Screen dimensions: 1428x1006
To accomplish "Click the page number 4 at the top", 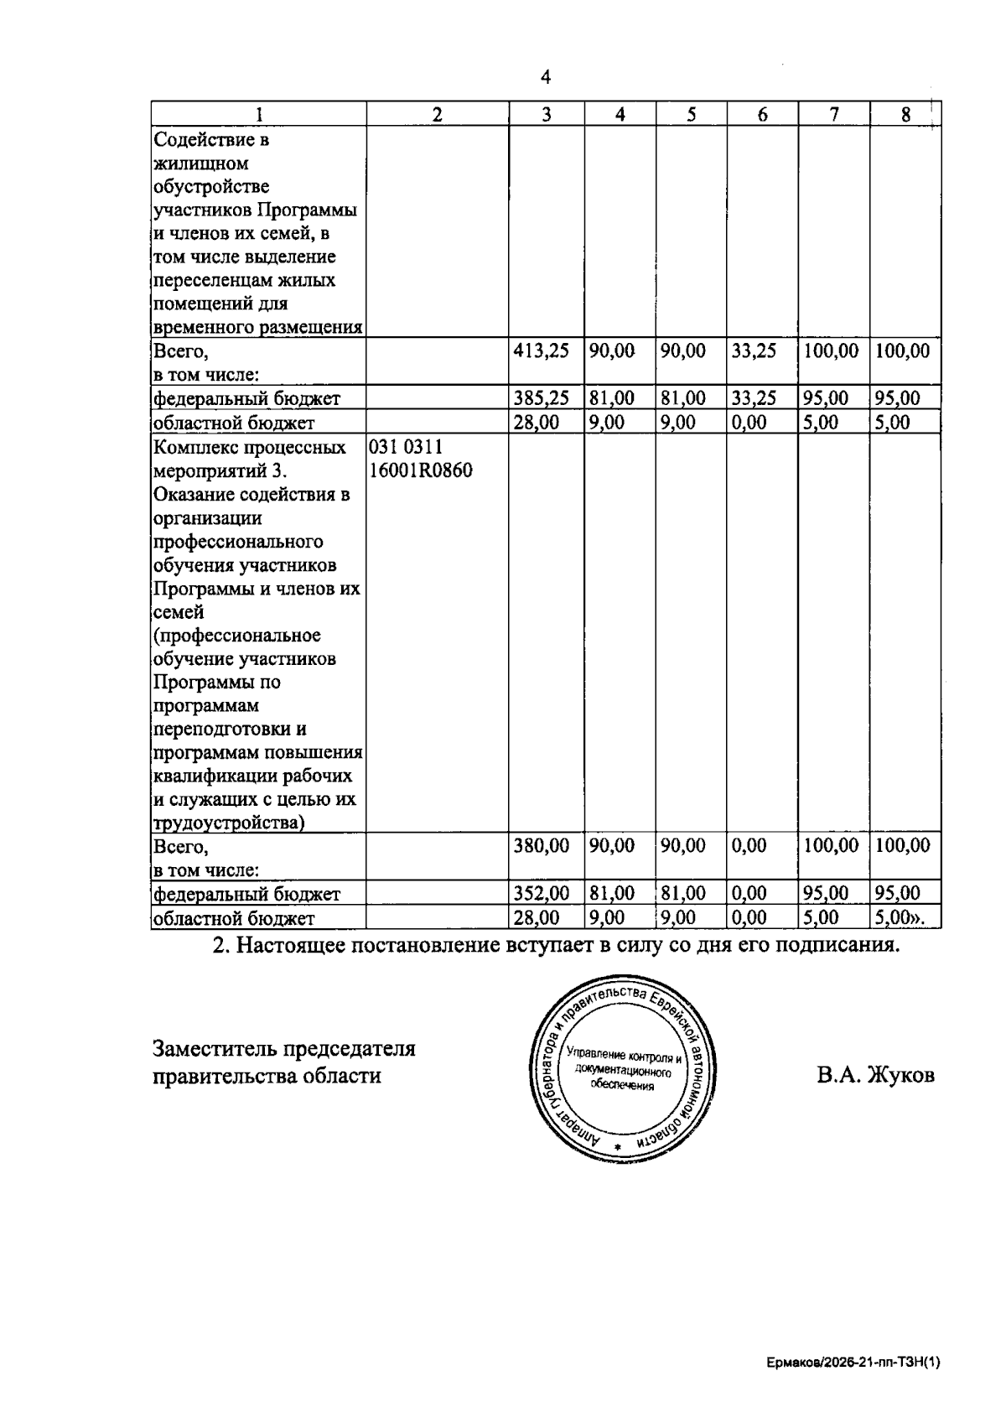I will pos(546,77).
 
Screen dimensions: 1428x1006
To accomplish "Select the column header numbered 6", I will pos(762,115).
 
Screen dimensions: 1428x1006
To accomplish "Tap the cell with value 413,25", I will pos(541,351).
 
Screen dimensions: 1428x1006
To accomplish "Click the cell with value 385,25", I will pos(541,398).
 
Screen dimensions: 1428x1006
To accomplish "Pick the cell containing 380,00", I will pos(541,846).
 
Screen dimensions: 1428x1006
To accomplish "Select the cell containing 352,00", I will pos(541,894).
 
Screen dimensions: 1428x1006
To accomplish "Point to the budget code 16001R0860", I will pos(421,471).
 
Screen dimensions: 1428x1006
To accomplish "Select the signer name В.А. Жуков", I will pos(875,1075).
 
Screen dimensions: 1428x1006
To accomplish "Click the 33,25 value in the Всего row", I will pos(753,351).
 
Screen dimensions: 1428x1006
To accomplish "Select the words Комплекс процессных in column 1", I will pos(250,448).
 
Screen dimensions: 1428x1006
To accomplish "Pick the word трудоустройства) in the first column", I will pos(229,823).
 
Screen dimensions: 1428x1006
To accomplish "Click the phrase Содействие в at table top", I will pos(212,139).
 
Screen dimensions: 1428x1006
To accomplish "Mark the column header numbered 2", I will pos(438,115).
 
